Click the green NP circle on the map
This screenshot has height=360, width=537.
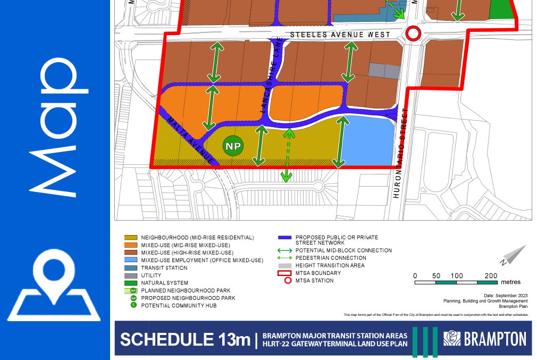click(x=232, y=146)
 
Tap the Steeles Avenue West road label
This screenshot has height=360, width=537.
click(x=340, y=35)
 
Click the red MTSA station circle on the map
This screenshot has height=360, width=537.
click(x=413, y=34)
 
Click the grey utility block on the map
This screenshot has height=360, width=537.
click(x=384, y=71)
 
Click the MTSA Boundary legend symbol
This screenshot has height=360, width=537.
click(x=284, y=273)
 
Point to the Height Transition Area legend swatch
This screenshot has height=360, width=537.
click(x=284, y=265)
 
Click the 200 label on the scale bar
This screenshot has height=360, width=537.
click(x=491, y=275)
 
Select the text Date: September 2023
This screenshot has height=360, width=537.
click(x=506, y=295)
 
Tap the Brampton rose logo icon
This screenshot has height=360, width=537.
click(x=452, y=339)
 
